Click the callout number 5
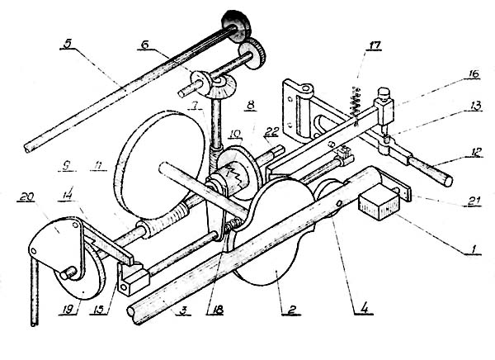tap(67, 44)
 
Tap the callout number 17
tap(374, 45)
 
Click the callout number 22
tap(271, 132)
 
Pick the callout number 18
tap(215, 310)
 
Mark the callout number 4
tap(364, 309)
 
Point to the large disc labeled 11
tap(161, 164)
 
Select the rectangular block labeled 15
tap(133, 279)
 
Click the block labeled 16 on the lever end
tap(384, 111)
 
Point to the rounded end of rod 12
tap(448, 181)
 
